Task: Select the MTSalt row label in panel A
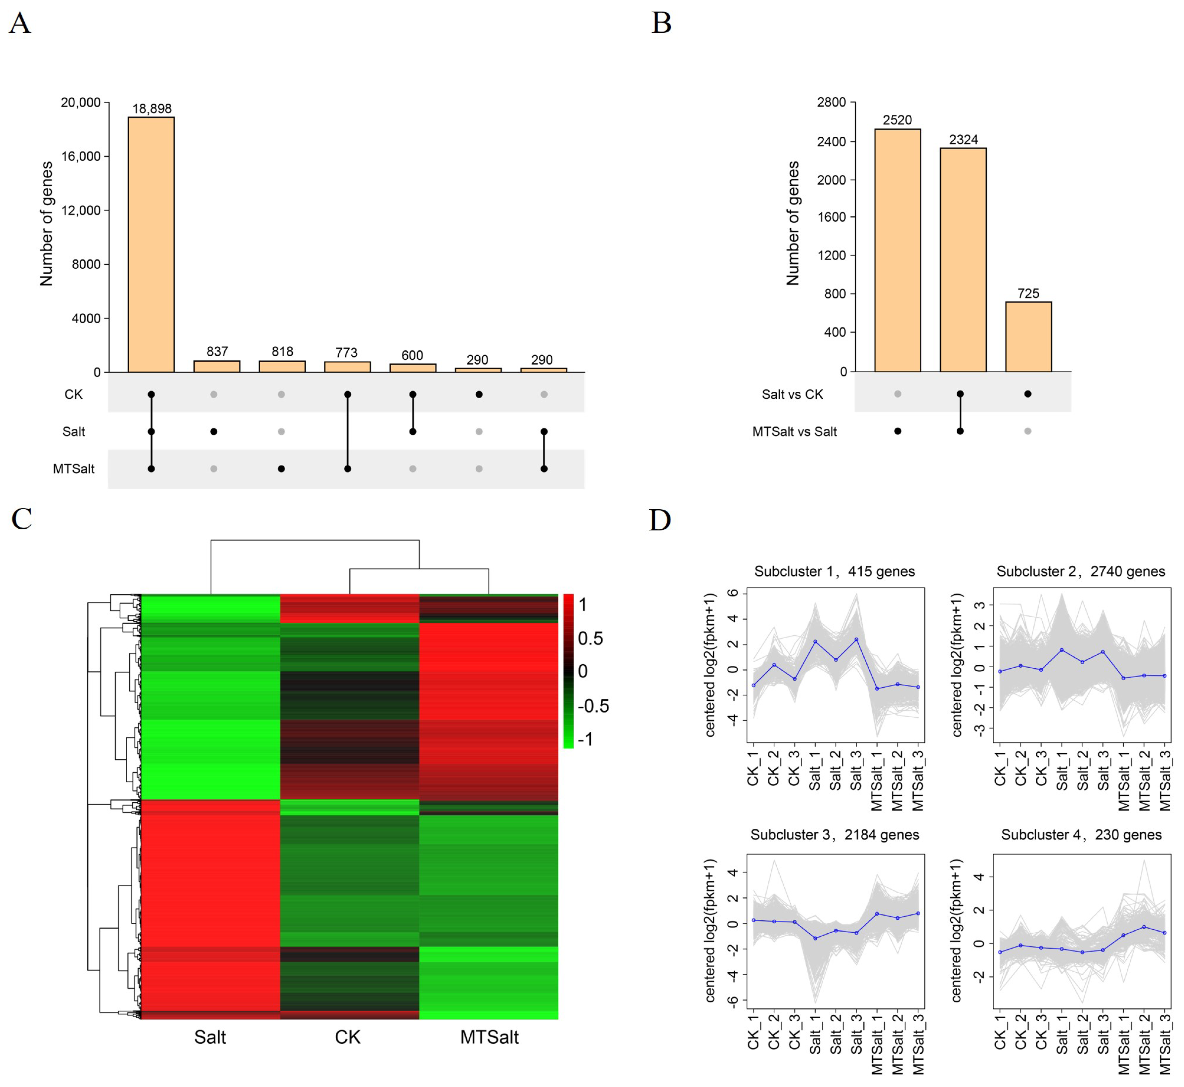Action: click(73, 469)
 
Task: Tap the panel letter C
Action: click(22, 519)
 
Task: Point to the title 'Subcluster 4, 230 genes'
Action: click(1081, 835)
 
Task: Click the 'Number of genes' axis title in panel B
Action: click(793, 223)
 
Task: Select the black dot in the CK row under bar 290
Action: click(479, 394)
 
